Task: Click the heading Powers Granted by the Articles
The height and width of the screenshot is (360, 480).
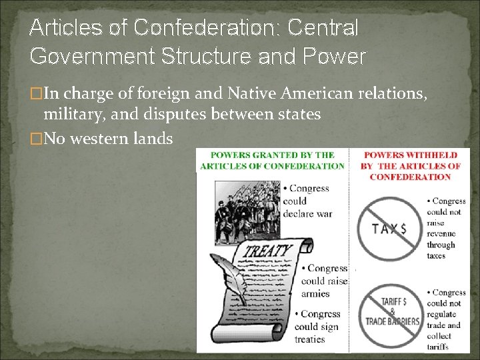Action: [x=271, y=161]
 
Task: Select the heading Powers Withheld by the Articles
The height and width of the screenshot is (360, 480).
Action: [x=410, y=166]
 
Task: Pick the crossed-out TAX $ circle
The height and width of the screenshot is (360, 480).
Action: [x=389, y=228]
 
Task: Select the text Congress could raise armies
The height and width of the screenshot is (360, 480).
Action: [x=323, y=281]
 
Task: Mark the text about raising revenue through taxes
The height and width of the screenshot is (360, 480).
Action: [x=447, y=228]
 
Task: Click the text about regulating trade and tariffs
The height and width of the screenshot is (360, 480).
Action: [x=447, y=319]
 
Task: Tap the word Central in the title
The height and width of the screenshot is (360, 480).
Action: [x=323, y=27]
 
